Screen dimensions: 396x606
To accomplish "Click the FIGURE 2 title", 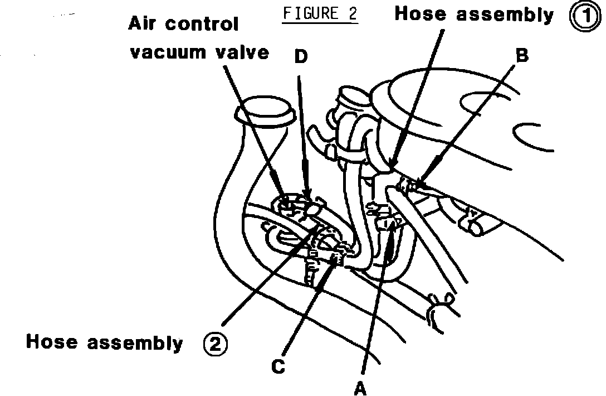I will pos(320,13).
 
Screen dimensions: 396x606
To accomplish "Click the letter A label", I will pos(361,387).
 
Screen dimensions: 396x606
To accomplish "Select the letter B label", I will pos(521,56).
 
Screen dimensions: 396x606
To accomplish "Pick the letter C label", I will pos(278,366).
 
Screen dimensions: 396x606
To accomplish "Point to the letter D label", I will pos(301,57).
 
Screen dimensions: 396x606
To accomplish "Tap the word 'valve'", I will pos(243,53).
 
